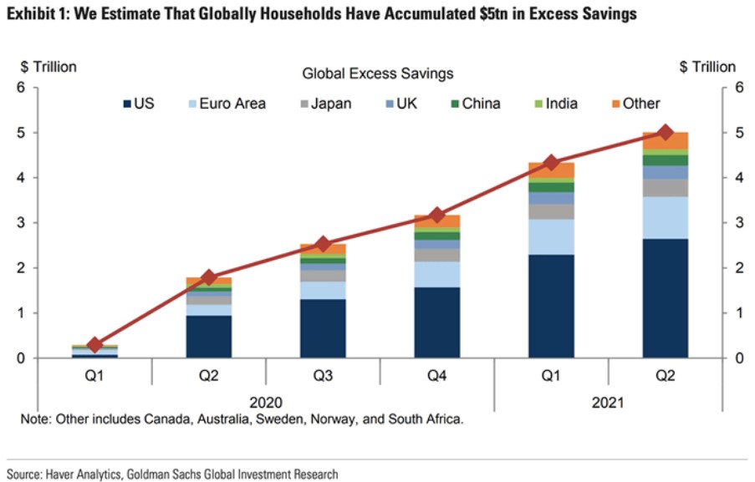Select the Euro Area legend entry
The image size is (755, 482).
coord(227,104)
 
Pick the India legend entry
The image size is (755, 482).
coord(562,104)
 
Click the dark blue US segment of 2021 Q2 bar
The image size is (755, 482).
coord(666,298)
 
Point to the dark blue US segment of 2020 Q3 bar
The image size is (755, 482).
coord(323,328)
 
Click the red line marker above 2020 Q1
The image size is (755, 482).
coord(94,344)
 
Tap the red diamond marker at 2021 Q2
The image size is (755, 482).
coord(666,132)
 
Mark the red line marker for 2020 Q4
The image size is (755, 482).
coord(437,216)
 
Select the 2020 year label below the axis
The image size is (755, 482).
coord(267,402)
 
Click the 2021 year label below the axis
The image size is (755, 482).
coord(608,402)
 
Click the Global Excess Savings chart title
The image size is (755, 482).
coord(377,74)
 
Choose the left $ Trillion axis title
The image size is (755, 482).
coord(48,67)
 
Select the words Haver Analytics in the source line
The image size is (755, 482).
coord(84,474)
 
